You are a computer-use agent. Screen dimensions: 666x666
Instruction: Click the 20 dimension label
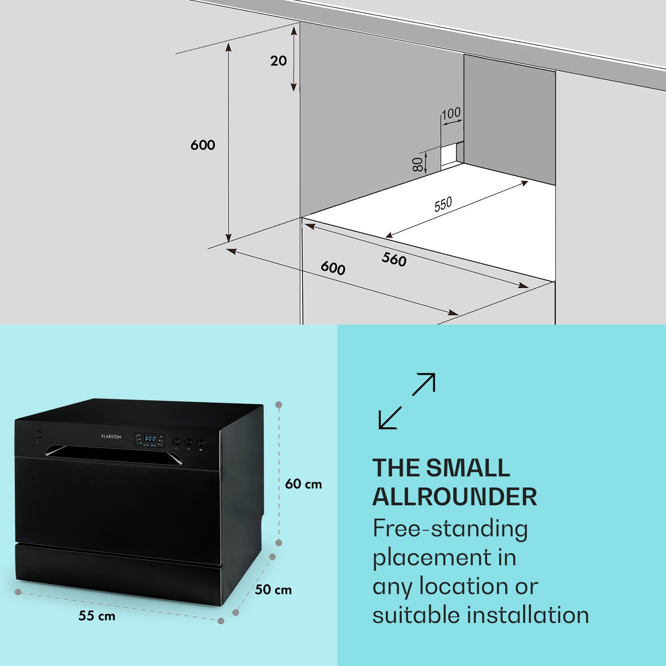tap(278, 61)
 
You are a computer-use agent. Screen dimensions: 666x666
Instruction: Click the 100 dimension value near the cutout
tap(451, 114)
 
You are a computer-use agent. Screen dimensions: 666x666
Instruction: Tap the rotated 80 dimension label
tap(418, 164)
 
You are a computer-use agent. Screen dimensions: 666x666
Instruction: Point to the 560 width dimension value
tap(394, 259)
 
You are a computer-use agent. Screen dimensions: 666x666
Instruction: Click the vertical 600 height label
tap(203, 145)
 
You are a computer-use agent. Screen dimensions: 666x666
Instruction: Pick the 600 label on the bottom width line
tap(333, 268)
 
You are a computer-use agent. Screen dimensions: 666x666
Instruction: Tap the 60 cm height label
tap(303, 484)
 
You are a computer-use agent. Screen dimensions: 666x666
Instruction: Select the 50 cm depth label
tap(274, 590)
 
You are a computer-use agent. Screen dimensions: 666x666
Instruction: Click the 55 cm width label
tap(97, 616)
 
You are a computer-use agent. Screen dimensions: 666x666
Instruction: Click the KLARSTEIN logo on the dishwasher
tap(111, 437)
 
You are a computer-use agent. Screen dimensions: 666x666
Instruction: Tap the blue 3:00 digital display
tap(150, 438)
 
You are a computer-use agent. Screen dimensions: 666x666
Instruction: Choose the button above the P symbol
tap(189, 443)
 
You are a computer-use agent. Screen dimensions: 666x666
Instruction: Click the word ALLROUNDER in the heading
tap(455, 497)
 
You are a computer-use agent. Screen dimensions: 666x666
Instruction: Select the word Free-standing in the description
tap(450, 529)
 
